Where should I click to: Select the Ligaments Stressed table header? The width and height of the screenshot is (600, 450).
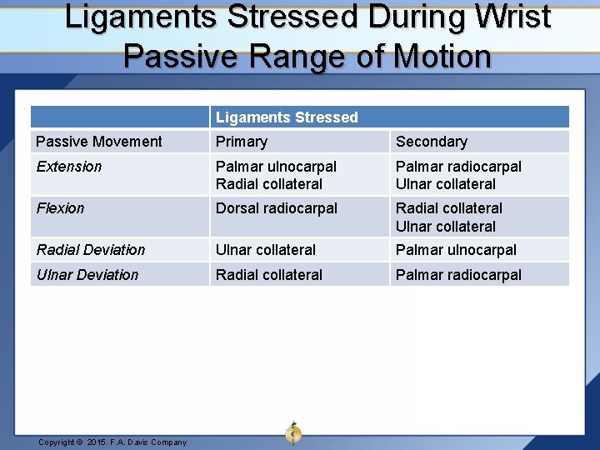tap(287, 117)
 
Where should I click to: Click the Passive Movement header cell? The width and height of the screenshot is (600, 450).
tap(99, 142)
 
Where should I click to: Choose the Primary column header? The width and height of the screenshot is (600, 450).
tap(242, 142)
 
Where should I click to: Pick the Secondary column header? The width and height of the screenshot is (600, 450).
tap(432, 142)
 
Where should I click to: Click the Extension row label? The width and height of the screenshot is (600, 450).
tap(69, 167)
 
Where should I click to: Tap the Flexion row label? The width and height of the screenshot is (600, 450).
tap(61, 208)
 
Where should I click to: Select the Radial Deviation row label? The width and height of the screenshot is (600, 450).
tap(91, 250)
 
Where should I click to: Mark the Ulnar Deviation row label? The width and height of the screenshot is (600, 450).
tap(87, 275)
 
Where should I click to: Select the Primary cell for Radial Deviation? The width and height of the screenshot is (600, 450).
tap(266, 250)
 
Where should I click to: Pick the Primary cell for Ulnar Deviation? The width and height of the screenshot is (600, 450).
tap(269, 275)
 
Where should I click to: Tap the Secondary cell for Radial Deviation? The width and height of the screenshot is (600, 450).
tap(456, 250)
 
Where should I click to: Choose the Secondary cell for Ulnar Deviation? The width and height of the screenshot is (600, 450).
tap(458, 275)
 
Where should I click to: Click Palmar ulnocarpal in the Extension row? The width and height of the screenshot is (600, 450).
tap(276, 167)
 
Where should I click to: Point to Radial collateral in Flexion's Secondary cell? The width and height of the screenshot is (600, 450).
tap(449, 208)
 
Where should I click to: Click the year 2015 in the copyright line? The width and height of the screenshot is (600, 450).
tap(97, 442)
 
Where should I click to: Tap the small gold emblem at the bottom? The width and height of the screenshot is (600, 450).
tap(293, 433)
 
